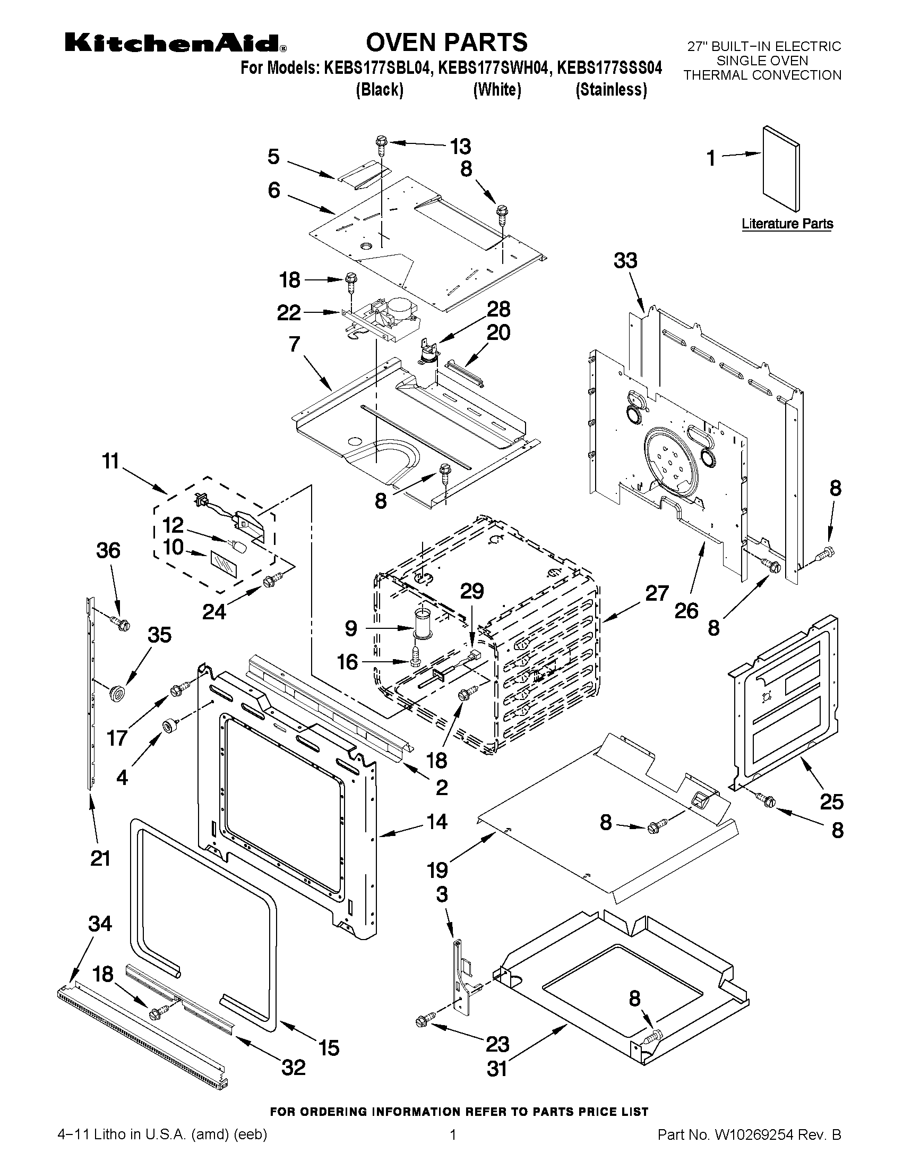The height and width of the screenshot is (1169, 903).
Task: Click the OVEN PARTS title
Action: [x=446, y=42]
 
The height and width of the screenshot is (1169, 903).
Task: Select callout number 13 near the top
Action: [x=460, y=146]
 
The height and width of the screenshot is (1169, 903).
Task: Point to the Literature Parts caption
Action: [x=787, y=224]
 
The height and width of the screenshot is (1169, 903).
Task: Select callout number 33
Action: [x=625, y=261]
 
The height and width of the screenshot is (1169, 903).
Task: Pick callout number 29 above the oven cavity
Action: [x=472, y=591]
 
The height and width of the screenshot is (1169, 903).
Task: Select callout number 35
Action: [x=159, y=635]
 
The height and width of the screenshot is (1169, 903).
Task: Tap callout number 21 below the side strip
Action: [x=100, y=858]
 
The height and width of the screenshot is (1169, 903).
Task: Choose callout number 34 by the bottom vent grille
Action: [x=100, y=923]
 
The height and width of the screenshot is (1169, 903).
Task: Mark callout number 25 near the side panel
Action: [x=831, y=802]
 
